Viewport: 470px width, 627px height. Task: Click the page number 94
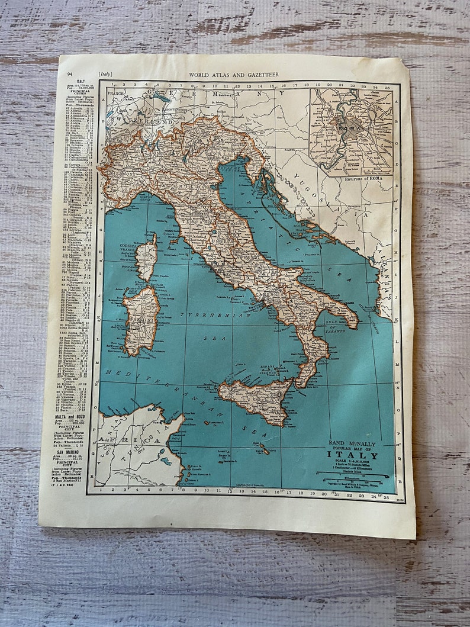point(70,74)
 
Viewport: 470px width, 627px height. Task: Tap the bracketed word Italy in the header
point(105,75)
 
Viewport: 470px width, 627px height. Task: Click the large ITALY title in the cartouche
point(353,455)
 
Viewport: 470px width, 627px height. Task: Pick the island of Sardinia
point(141,320)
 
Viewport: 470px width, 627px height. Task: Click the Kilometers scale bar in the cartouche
point(355,475)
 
